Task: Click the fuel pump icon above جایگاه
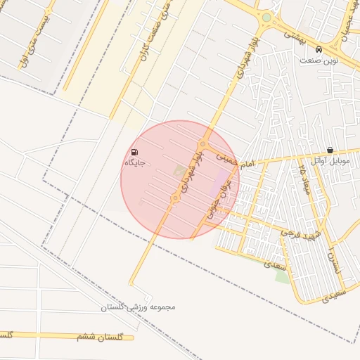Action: click(134, 152)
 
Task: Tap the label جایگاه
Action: click(134, 163)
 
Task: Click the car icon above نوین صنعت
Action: click(319, 50)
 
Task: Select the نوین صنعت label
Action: click(319, 60)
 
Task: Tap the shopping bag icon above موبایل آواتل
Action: click(330, 150)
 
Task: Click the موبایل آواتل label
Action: click(330, 161)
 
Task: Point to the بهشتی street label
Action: click(293, 35)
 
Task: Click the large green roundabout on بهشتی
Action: click(266, 18)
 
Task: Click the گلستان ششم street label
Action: click(99, 337)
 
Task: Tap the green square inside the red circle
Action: click(181, 170)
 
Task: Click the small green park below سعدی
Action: click(282, 276)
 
